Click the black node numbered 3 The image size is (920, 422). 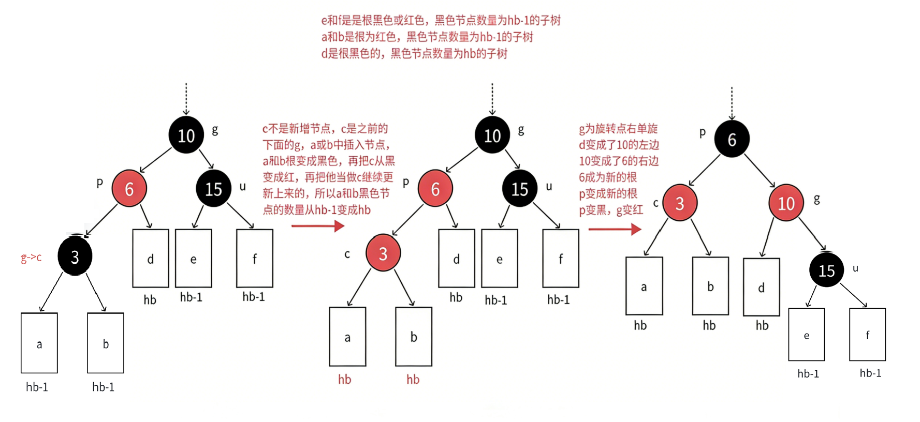click(x=75, y=256)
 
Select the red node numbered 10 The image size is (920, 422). click(x=786, y=203)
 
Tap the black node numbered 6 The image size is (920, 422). click(x=732, y=139)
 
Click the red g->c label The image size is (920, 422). click(x=31, y=257)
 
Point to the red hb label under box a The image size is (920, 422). click(x=344, y=380)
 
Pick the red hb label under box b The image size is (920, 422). click(x=413, y=380)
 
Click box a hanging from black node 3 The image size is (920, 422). click(x=39, y=343)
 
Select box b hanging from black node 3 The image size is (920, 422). click(x=106, y=343)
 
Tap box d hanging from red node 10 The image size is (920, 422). click(x=761, y=287)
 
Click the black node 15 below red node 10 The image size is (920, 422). click(x=826, y=270)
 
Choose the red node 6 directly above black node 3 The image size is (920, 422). click(x=129, y=189)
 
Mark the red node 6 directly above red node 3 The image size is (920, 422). click(x=435, y=189)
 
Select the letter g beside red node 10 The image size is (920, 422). click(x=816, y=199)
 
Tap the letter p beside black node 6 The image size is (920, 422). click(x=703, y=132)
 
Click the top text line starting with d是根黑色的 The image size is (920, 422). click(x=414, y=54)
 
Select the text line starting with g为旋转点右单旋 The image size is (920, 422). click(x=618, y=129)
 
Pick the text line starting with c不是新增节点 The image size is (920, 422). click(x=325, y=129)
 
